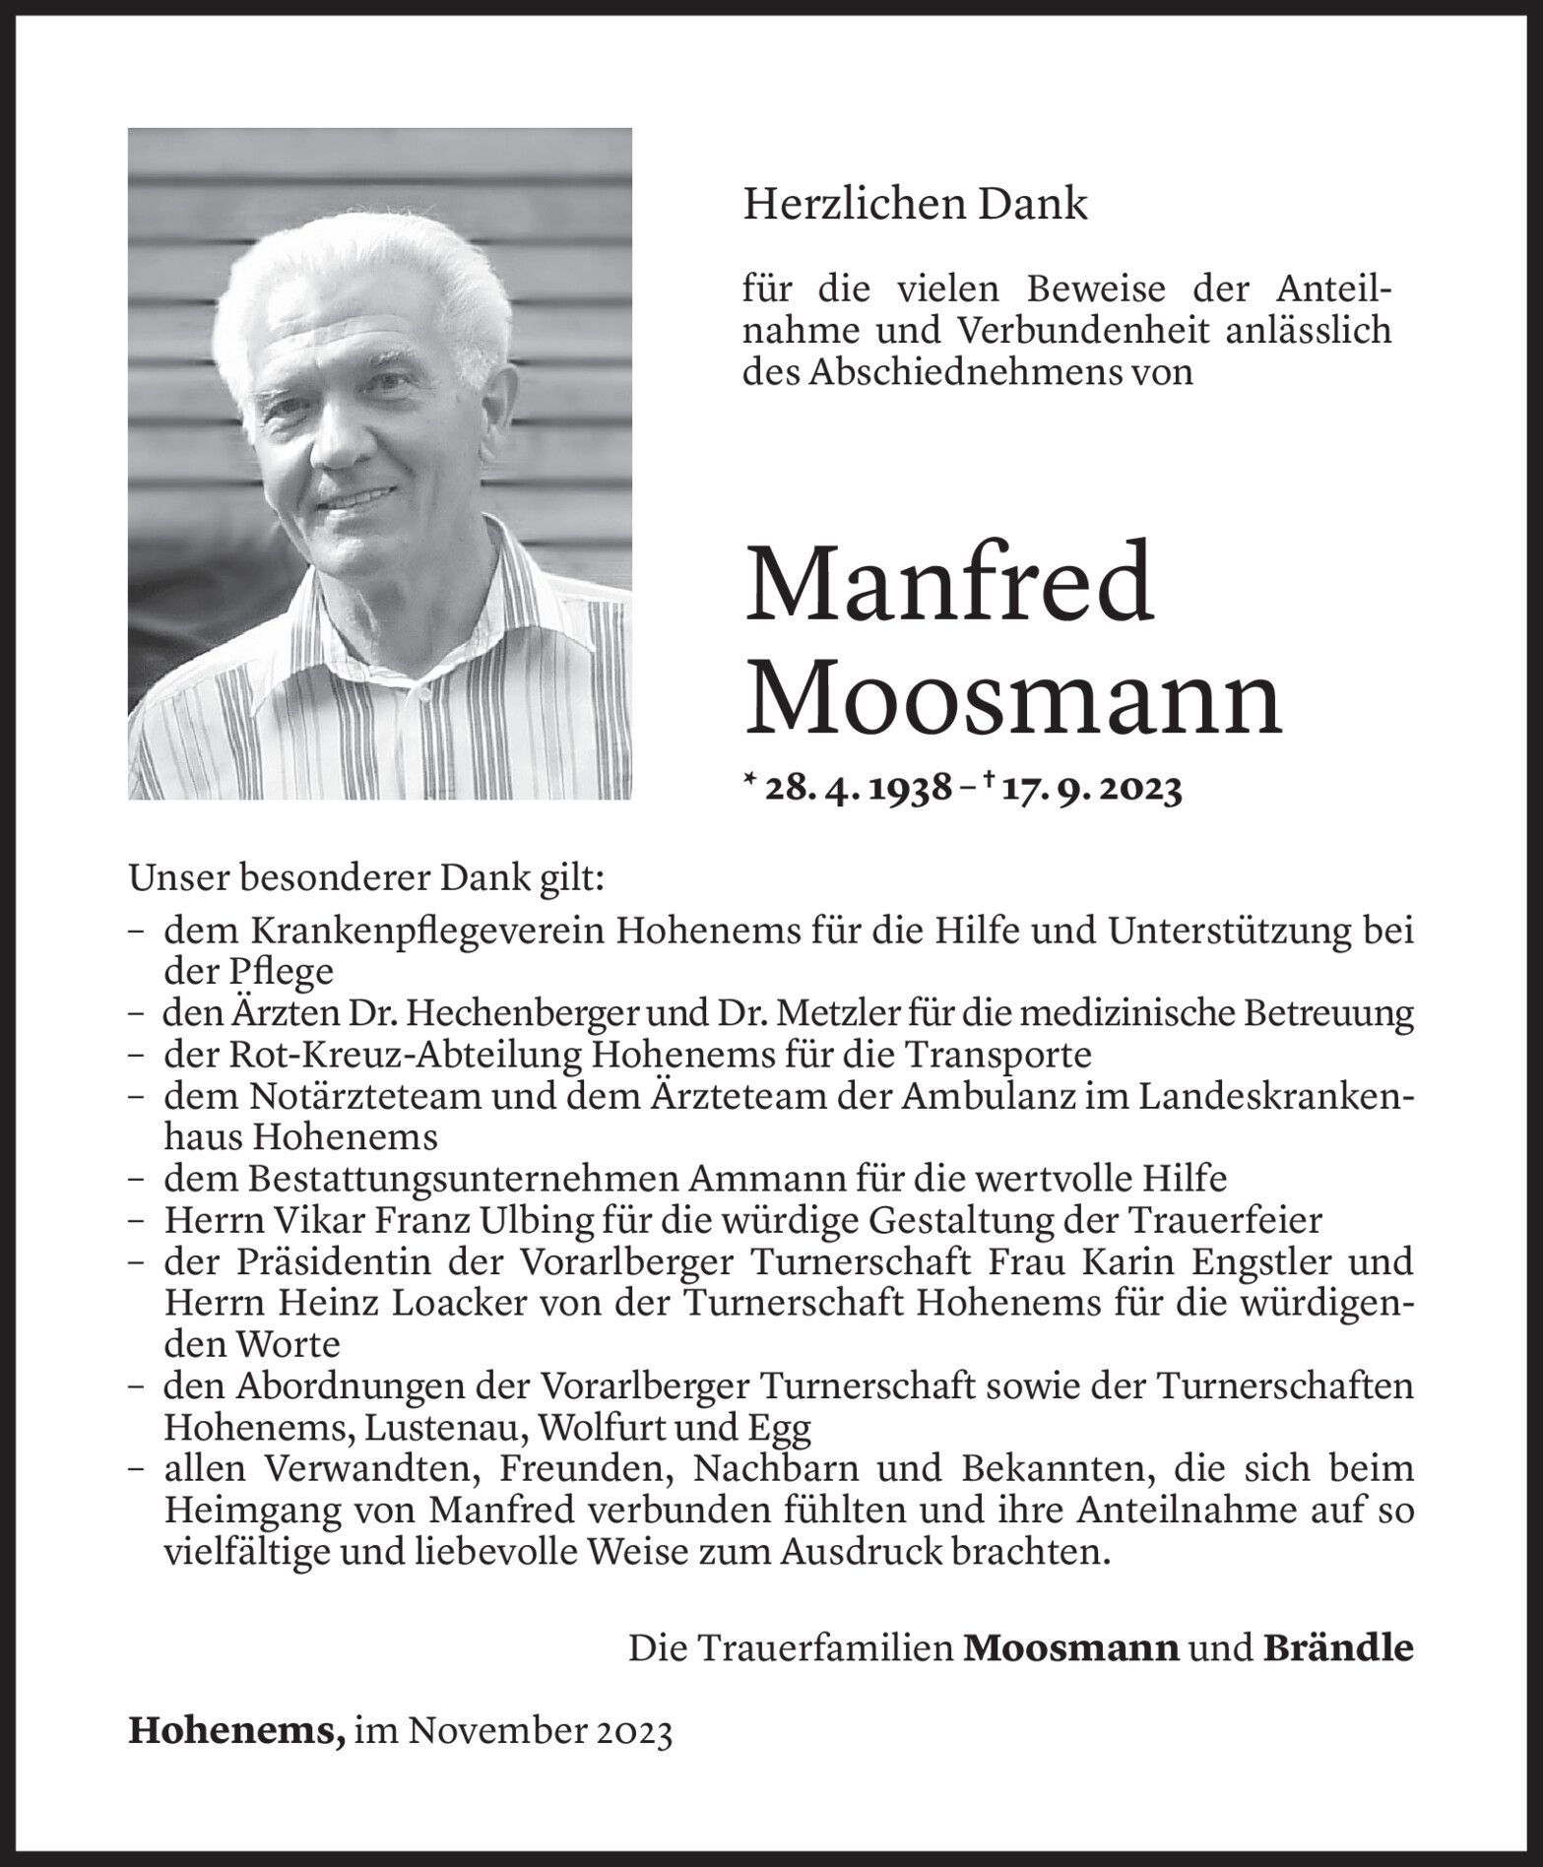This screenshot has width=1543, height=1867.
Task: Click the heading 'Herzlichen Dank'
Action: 915,205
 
